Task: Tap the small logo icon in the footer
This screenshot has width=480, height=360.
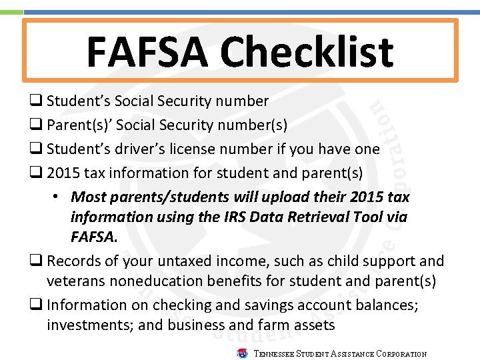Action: (x=243, y=353)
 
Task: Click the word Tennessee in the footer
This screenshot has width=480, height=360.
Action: (x=274, y=354)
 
